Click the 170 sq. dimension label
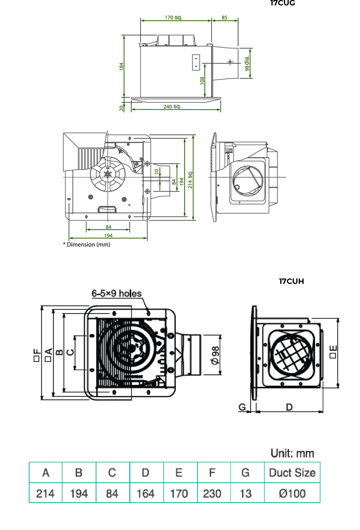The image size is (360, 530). tap(173, 18)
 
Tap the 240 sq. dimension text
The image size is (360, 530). tap(172, 107)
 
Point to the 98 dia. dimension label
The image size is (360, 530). tap(247, 63)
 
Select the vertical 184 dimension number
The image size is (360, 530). tap(121, 67)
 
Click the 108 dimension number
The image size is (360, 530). tap(202, 81)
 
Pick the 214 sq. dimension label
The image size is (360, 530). tap(190, 180)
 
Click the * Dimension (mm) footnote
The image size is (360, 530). tap(87, 245)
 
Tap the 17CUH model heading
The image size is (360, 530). tap(291, 281)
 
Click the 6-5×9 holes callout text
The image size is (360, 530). tap(116, 293)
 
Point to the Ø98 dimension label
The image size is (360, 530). tap(215, 355)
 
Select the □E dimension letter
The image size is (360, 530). tap(333, 352)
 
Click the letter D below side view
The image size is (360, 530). tap(289, 407)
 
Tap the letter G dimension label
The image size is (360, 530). tap(242, 407)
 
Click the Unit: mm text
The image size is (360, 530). tap(292, 453)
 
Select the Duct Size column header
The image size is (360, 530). tap(292, 473)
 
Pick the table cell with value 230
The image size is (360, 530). tap(212, 494)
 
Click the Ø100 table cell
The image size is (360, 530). tap(292, 494)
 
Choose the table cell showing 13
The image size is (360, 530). tap(245, 494)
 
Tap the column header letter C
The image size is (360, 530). tap(112, 473)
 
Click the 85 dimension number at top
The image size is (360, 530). tap(224, 18)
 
